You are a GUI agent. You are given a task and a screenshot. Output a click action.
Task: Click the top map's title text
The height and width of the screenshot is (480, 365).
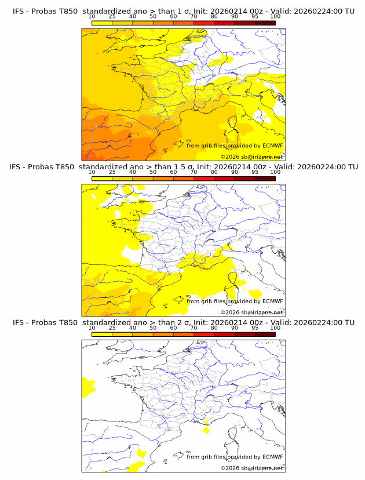[x=183, y=11]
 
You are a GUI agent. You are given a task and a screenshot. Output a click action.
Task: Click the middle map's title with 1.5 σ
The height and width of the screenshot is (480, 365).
[x=183, y=166]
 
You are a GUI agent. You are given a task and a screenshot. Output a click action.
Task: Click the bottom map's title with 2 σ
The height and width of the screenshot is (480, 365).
[x=183, y=322]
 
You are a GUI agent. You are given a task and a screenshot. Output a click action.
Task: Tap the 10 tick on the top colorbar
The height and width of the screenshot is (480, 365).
[x=92, y=17]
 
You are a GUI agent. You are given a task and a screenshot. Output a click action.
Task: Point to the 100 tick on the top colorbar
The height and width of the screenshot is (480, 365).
[x=275, y=17]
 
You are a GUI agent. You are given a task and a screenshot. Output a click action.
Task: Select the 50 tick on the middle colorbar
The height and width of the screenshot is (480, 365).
[x=153, y=172]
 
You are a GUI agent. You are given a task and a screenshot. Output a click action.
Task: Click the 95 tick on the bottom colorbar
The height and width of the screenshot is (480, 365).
[x=255, y=328]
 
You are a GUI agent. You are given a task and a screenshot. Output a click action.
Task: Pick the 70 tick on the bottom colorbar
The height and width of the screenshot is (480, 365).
[x=194, y=328]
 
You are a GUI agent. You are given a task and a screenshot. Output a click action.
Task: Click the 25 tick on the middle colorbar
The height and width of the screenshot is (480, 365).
[x=112, y=172]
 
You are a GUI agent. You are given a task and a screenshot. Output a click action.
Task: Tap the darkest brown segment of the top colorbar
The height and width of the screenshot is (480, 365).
[x=265, y=23]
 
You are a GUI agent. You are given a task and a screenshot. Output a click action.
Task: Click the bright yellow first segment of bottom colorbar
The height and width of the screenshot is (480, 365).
[x=101, y=334]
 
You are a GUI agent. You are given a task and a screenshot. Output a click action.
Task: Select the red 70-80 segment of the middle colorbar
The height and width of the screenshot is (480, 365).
[x=203, y=179]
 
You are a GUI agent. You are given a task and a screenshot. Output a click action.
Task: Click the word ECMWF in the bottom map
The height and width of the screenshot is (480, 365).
[x=272, y=457]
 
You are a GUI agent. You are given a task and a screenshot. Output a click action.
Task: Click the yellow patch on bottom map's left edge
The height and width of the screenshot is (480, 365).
[x=88, y=386]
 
